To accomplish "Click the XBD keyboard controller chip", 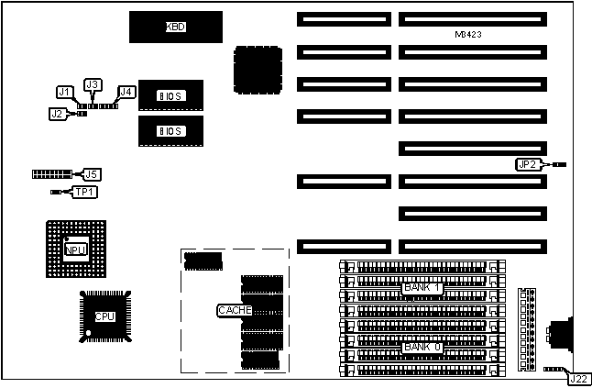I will [175, 27].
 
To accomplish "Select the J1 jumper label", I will [64, 92].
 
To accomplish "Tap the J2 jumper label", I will [57, 114].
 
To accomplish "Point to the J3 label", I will [92, 84].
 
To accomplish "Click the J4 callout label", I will [126, 92].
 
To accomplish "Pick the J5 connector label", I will [91, 173].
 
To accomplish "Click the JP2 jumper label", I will [526, 164].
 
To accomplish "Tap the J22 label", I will [577, 378].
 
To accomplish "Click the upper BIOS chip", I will [170, 95].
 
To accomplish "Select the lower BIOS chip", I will [170, 130].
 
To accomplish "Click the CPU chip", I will [104, 316].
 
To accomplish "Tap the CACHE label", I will [234, 310].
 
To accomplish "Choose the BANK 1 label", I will [422, 287].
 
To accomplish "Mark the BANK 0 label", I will [422, 347].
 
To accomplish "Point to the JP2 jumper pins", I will [559, 164].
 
